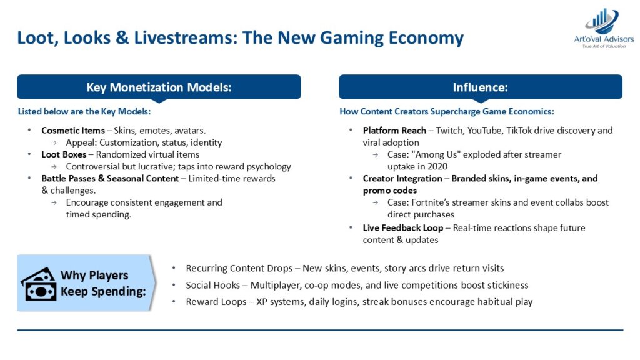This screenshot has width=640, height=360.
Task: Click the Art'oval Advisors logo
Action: pyautogui.click(x=604, y=27)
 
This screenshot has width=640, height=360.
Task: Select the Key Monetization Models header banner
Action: pyautogui.click(x=159, y=87)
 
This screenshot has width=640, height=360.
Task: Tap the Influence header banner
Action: pyautogui.click(x=481, y=87)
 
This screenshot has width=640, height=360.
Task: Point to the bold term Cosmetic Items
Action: pyautogui.click(x=73, y=131)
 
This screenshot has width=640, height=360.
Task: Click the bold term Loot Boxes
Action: pyautogui.click(x=64, y=154)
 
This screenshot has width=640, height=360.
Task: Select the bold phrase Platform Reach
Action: pyautogui.click(x=394, y=131)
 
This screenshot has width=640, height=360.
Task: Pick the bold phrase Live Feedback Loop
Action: pyautogui.click(x=403, y=227)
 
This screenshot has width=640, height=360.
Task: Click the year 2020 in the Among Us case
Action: pyautogui.click(x=437, y=166)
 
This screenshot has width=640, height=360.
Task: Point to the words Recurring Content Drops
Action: pyautogui.click(x=239, y=269)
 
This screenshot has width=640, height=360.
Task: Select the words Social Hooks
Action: pyautogui.click(x=212, y=285)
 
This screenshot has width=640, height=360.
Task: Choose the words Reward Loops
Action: pyautogui.click(x=216, y=302)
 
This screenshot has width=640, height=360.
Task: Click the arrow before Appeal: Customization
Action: pyautogui.click(x=54, y=143)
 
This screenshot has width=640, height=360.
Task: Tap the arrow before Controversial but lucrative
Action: pyautogui.click(x=54, y=167)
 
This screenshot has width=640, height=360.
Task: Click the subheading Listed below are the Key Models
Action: pyautogui.click(x=84, y=111)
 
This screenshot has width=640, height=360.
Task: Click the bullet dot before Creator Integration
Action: pyautogui.click(x=351, y=178)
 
